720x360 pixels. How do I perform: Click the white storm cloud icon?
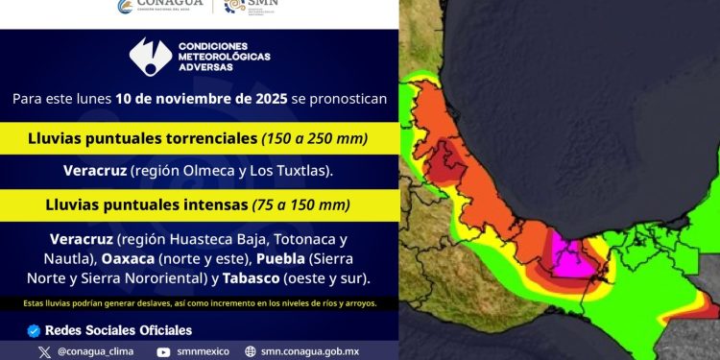point(151,58)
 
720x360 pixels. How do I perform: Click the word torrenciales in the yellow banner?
point(212,138)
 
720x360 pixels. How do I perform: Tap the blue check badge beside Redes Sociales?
point(35,330)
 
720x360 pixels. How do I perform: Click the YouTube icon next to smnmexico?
point(164,351)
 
